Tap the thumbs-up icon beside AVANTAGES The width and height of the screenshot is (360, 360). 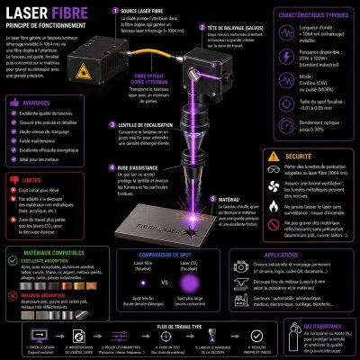click(x=9, y=103)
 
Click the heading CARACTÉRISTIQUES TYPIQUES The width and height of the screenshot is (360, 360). click(x=310, y=16)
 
